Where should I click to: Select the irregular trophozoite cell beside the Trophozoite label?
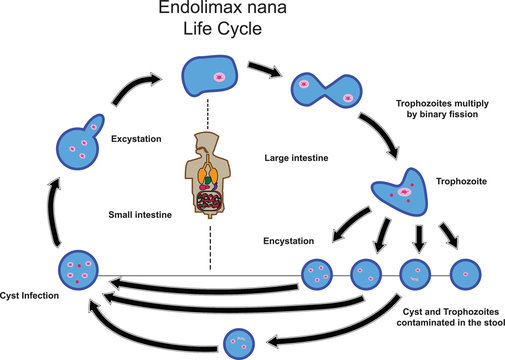click(401, 196)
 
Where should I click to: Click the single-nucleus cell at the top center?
click(214, 76)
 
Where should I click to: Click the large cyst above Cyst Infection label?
click(79, 269)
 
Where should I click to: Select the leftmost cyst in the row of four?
click(318, 272)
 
